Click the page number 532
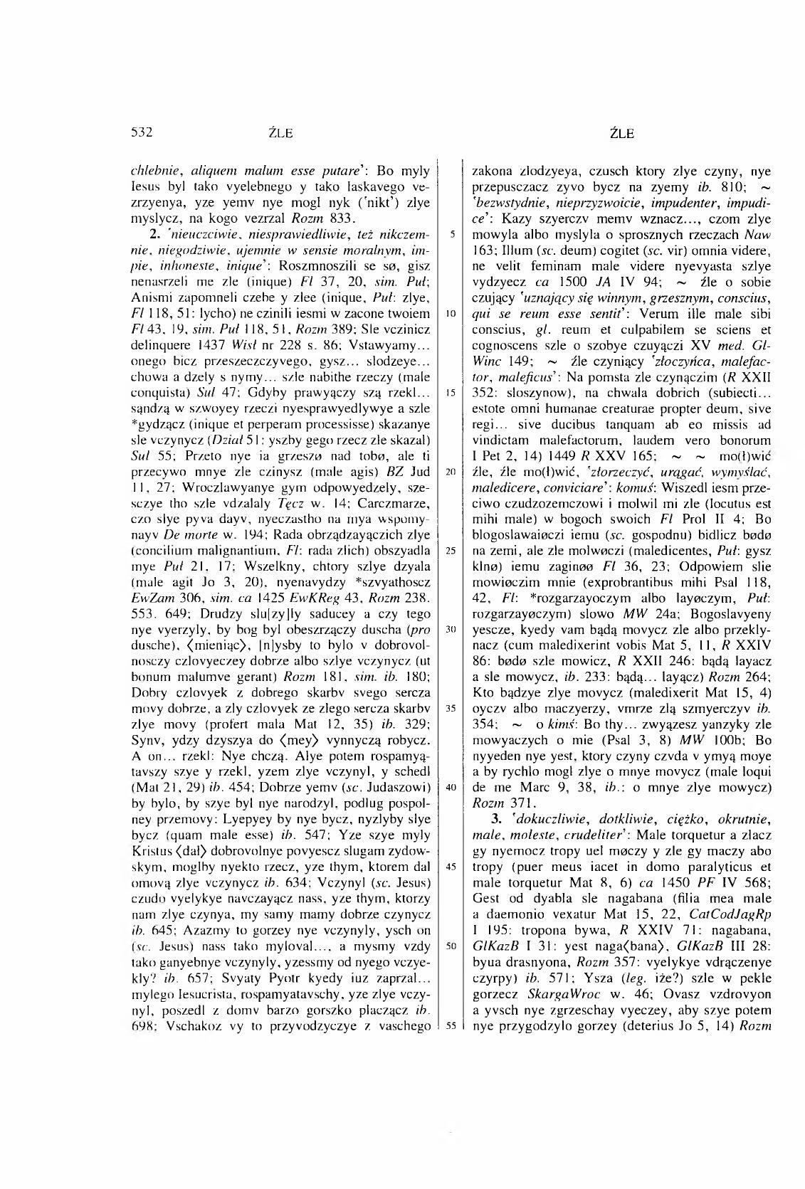(x=142, y=132)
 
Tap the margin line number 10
(x=452, y=313)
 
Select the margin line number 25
(x=452, y=529)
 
